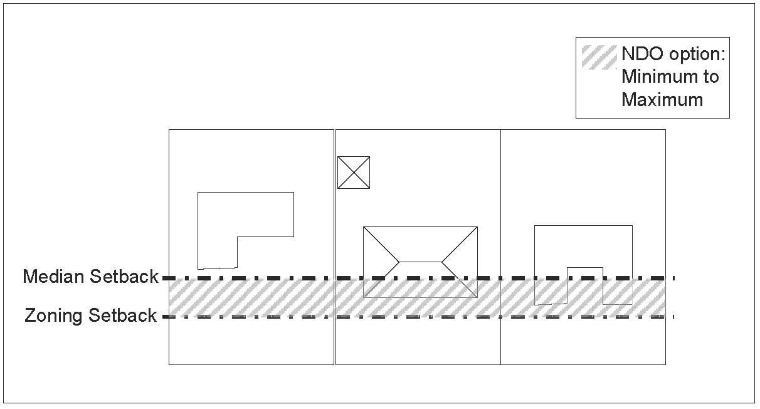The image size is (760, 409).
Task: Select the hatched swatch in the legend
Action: coord(599,57)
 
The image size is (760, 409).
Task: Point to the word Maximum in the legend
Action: coord(662,99)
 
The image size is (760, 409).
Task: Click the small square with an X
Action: coord(354,173)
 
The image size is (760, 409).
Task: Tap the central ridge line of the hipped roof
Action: coord(421,261)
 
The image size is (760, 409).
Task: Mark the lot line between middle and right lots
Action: coord(500,188)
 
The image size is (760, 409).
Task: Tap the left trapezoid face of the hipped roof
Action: coord(380,261)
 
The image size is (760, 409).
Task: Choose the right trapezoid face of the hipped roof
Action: coord(462,261)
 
